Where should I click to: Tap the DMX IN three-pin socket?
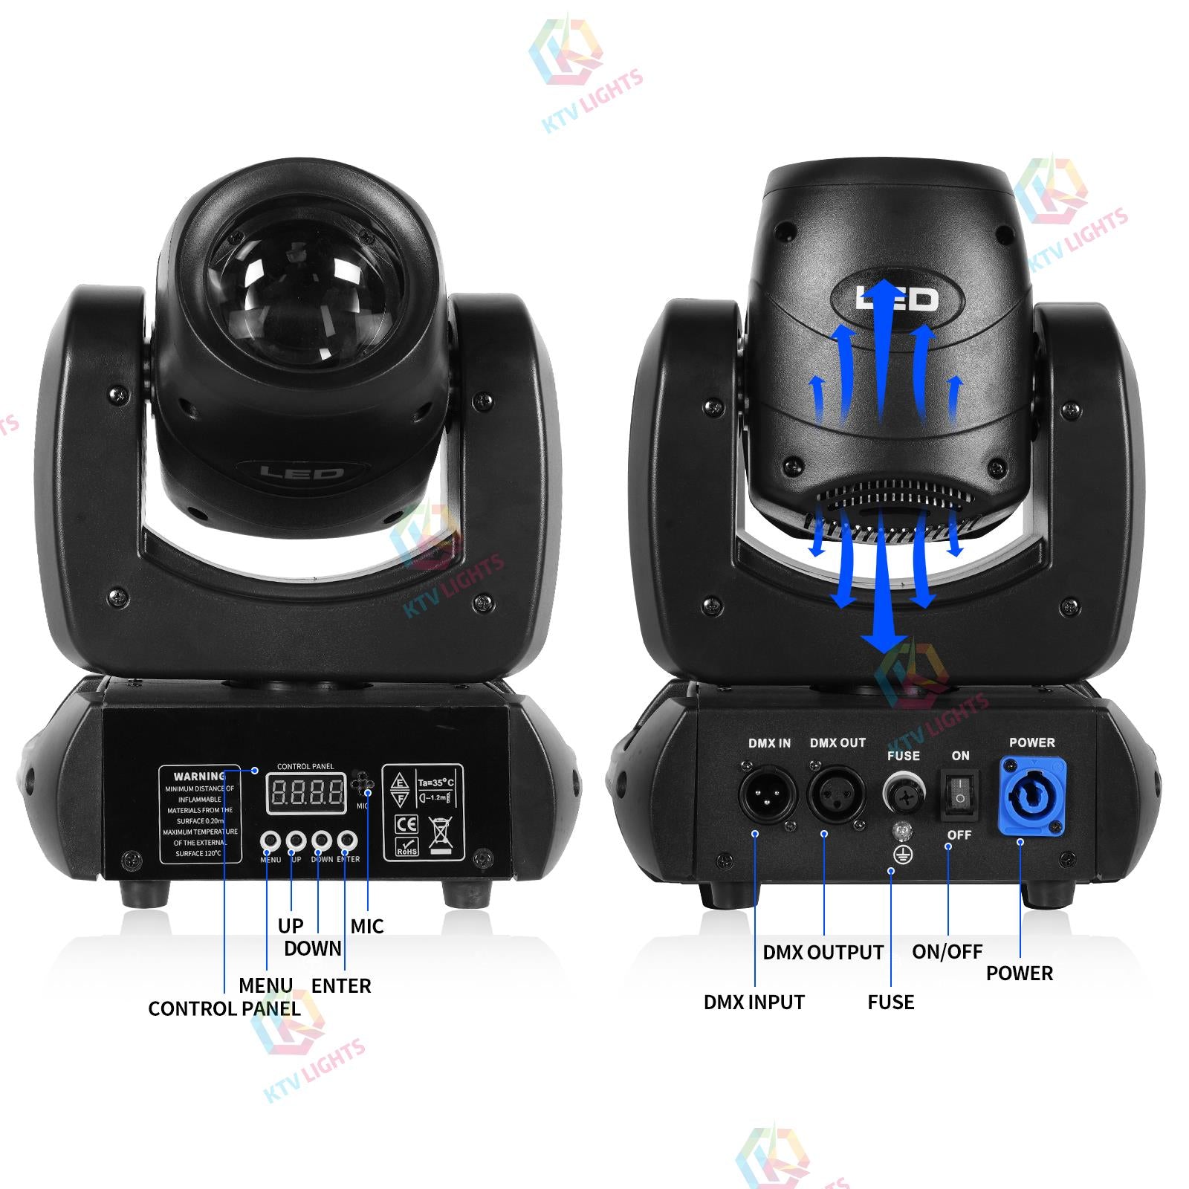767,794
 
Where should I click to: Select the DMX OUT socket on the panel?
837,794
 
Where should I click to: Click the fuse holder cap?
904,795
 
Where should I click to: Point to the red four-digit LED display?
306,794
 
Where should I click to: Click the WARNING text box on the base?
201,814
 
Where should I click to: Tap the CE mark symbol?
407,823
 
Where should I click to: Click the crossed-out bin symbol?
441,834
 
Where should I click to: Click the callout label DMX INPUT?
754,1002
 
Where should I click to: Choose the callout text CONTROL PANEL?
224,1008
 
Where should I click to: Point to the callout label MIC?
367,926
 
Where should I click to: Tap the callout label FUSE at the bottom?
890,1002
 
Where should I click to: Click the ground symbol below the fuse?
902,855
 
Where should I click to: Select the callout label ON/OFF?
947,951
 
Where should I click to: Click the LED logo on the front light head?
302,473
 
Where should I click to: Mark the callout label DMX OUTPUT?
823,952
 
